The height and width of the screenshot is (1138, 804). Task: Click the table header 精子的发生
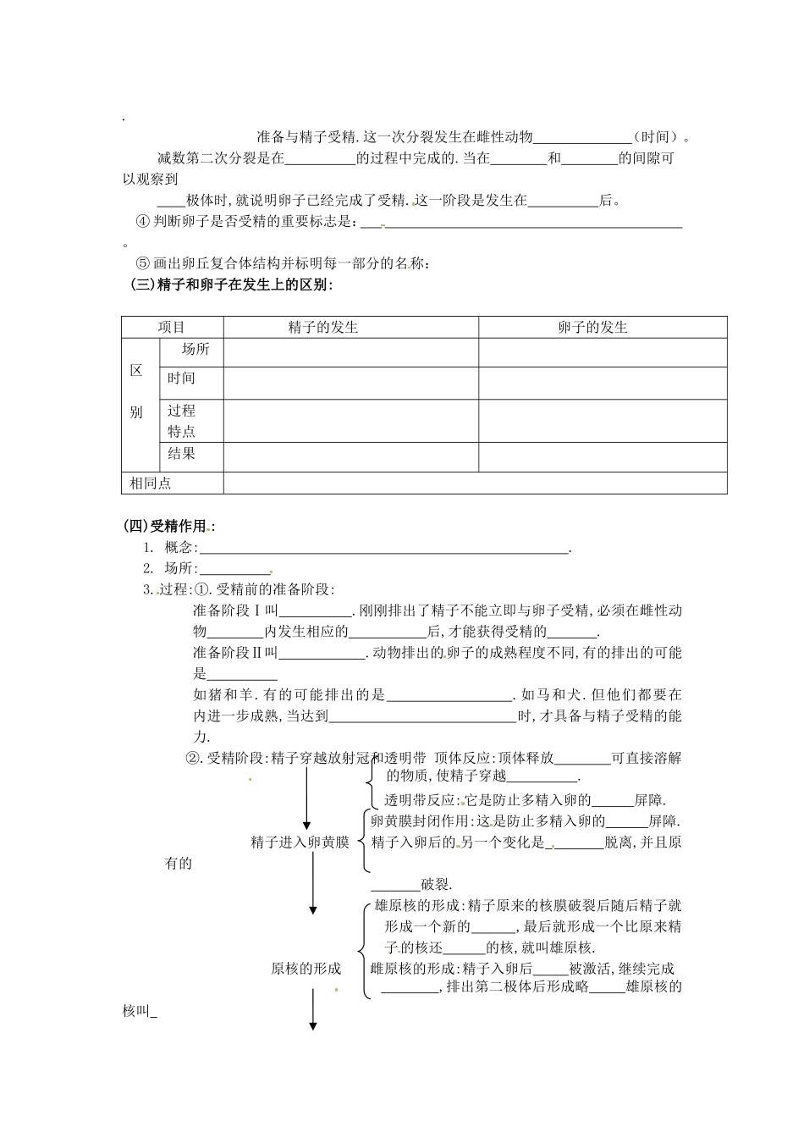(323, 328)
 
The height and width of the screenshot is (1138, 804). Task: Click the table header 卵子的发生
(592, 328)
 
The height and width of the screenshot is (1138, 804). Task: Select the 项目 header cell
(172, 328)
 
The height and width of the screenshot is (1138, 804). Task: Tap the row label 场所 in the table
(195, 350)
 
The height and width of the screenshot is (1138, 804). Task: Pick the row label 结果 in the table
(181, 454)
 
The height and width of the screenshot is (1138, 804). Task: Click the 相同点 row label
(150, 483)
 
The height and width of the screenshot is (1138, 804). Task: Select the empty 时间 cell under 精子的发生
(350, 383)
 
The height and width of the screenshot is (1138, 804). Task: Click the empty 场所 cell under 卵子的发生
(602, 352)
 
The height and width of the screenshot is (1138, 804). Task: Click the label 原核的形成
(306, 969)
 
